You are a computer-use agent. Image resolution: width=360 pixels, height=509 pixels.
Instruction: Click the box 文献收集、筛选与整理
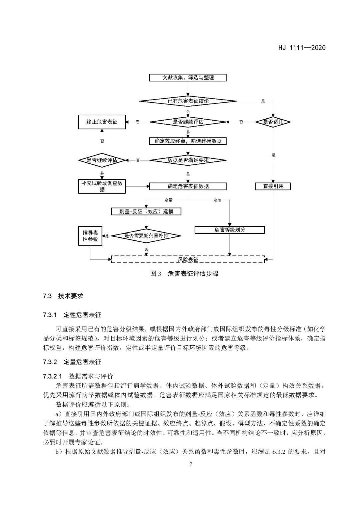click(188, 77)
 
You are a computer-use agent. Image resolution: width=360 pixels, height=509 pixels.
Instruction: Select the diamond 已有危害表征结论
click(188, 101)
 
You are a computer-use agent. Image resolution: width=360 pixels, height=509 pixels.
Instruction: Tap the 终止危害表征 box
click(102, 122)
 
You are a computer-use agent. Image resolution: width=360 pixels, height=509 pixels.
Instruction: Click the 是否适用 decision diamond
click(273, 122)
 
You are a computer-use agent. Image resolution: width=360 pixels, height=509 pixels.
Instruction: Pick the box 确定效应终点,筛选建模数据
click(188, 141)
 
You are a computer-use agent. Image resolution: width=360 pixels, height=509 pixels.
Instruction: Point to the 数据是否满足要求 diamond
click(188, 160)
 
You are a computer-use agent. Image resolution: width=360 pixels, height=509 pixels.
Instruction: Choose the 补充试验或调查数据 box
click(102, 186)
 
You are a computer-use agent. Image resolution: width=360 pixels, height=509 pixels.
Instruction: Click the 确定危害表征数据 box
click(188, 186)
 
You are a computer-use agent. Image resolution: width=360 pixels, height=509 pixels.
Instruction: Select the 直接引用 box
click(273, 186)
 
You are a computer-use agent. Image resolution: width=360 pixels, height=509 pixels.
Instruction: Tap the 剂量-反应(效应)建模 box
click(146, 211)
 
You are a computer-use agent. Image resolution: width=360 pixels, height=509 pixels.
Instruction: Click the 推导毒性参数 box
click(90, 236)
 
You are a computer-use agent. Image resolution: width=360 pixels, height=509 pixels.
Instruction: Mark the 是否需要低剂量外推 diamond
click(146, 236)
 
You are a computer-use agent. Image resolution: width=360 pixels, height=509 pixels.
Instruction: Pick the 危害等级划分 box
click(230, 230)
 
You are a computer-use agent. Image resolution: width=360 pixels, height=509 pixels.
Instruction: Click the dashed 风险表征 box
click(188, 259)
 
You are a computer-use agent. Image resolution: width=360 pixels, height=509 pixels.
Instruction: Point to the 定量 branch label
click(168, 200)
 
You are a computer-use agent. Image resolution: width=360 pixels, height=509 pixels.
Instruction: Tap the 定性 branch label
click(217, 200)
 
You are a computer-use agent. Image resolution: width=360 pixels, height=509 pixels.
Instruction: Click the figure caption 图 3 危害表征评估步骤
click(184, 274)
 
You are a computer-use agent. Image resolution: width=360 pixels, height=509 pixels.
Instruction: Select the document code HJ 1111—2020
click(302, 47)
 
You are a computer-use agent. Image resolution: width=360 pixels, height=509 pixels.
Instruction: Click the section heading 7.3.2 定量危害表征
click(72, 362)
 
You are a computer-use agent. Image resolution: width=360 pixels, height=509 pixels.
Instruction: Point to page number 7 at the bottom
click(191, 464)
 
